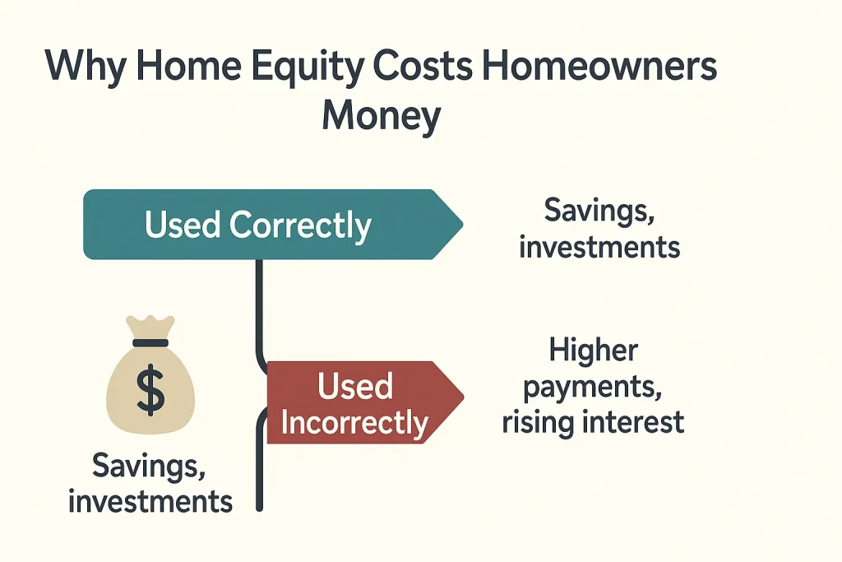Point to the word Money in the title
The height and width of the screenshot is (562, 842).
[x=381, y=116]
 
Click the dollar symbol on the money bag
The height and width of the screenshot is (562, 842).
[x=150, y=389]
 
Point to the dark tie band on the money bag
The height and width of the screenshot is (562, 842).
[x=150, y=342]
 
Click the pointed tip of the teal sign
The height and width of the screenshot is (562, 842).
[x=460, y=225]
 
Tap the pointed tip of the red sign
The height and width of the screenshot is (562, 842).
[x=461, y=399]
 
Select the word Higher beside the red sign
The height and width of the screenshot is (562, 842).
[x=593, y=351]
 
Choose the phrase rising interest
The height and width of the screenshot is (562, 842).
[x=594, y=422]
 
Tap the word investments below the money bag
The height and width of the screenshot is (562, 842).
[x=150, y=501]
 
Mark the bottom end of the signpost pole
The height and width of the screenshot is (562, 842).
[x=260, y=507]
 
